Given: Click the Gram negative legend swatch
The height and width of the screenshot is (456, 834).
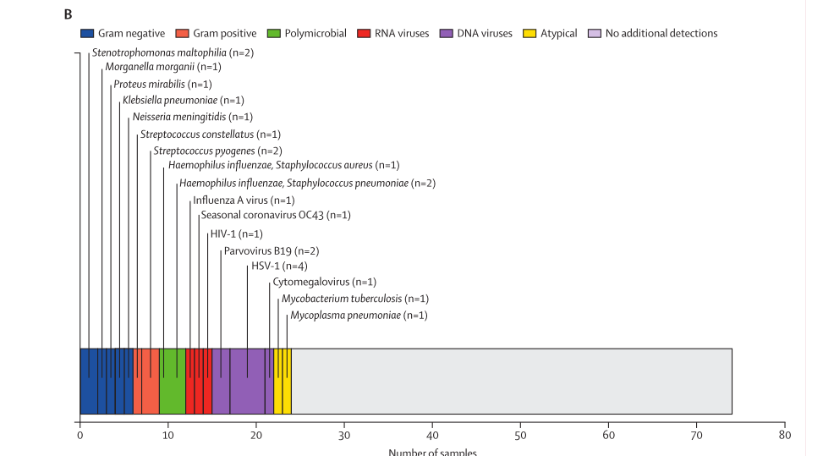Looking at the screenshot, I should pos(86,34).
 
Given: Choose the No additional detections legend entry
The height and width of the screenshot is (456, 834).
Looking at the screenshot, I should pos(661,34).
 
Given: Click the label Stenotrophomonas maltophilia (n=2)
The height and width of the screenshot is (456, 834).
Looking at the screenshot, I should pos(161,52).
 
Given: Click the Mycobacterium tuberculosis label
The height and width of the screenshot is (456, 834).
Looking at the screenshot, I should pos(355,299).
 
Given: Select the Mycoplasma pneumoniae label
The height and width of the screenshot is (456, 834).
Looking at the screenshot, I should pos(359,316).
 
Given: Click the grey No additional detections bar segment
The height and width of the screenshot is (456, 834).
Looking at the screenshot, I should pos(511,381).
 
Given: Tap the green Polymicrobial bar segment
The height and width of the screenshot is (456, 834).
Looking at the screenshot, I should pos(173,381).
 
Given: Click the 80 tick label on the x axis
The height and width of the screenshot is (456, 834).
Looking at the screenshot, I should pos(785,436).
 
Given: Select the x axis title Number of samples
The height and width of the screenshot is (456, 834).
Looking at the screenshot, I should pos(432,452).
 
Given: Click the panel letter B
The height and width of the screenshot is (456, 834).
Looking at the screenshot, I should pos(68,14).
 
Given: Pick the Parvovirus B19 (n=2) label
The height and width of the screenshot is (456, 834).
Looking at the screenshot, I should pos(272,250).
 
